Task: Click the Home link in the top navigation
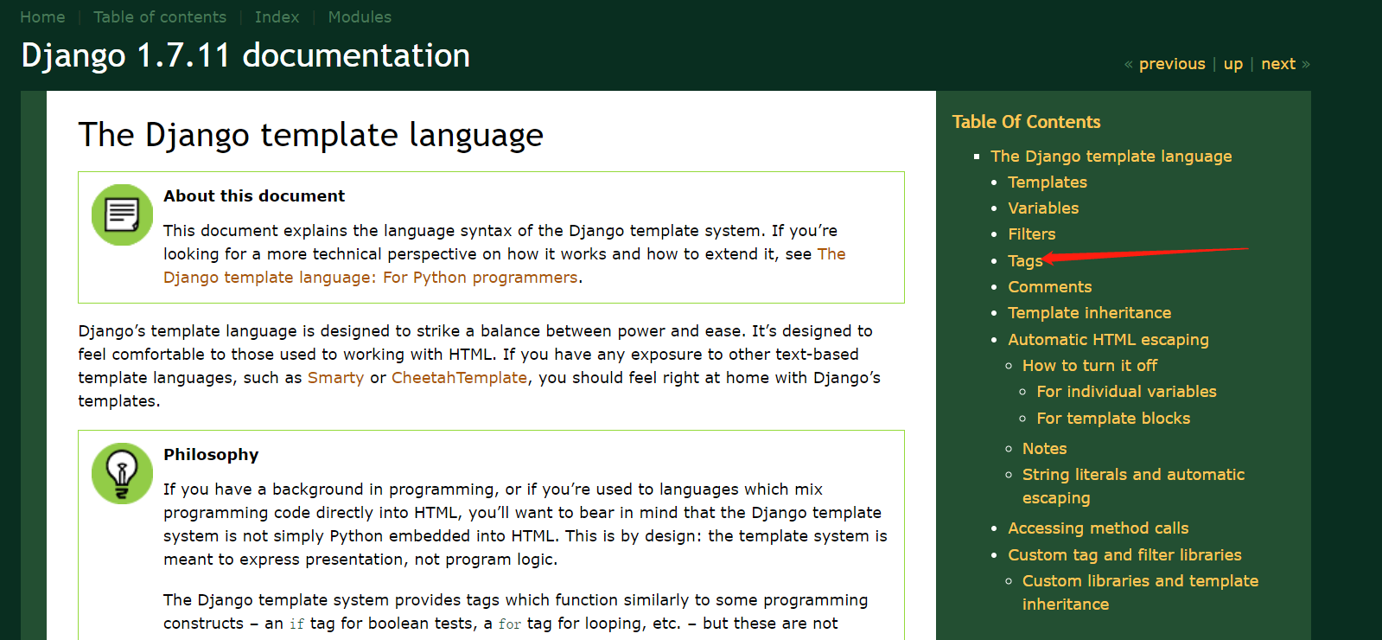(42, 17)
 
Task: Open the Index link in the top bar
(277, 17)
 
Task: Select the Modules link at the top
(360, 17)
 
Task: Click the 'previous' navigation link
(1171, 64)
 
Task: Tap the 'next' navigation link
(1277, 64)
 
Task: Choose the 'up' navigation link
(1232, 64)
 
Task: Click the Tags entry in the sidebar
(1024, 261)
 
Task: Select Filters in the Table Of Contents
(1031, 234)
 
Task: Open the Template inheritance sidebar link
(1089, 313)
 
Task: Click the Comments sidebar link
(1049, 287)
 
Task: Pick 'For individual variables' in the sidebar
(1126, 392)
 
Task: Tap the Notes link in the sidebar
(1044, 449)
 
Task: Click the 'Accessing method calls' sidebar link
(1098, 528)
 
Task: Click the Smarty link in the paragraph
(335, 378)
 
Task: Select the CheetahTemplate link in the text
(459, 378)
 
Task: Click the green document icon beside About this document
(122, 214)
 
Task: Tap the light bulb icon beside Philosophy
(122, 473)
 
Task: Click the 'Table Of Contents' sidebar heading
(1026, 122)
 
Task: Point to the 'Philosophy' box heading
(211, 455)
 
